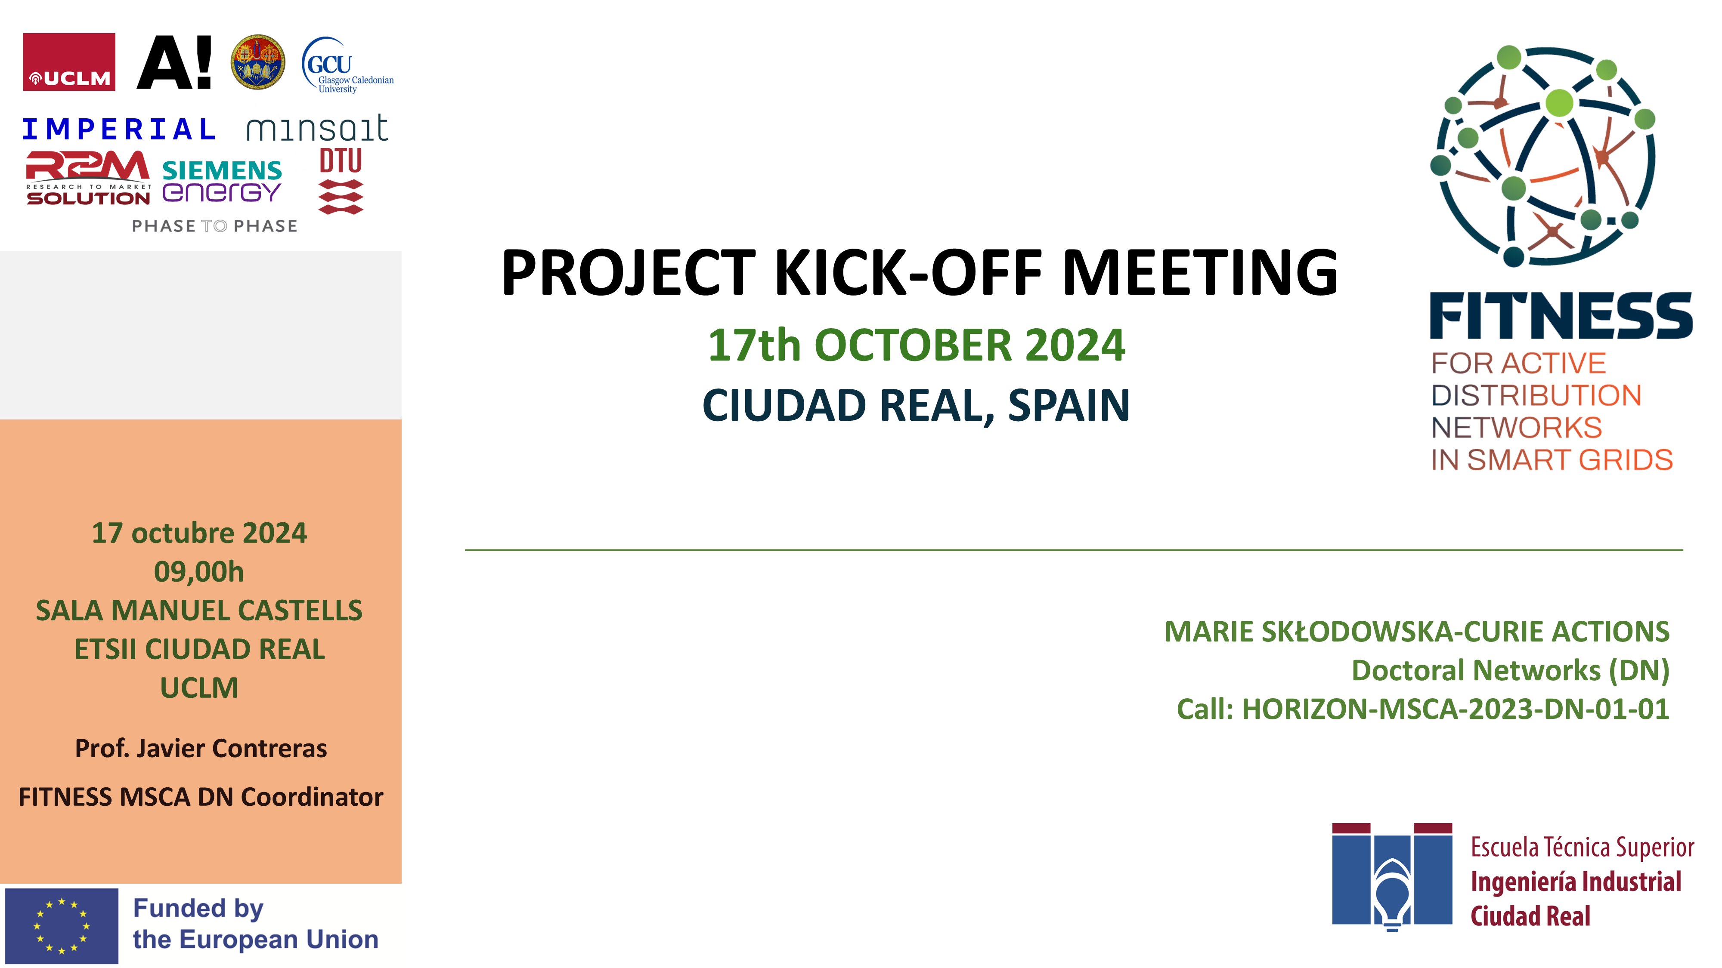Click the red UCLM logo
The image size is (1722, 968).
coord(69,62)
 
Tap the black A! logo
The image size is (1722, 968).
coord(174,62)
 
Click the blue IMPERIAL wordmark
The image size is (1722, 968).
coord(118,129)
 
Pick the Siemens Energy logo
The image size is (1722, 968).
coord(222,181)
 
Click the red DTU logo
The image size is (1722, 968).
coord(341,180)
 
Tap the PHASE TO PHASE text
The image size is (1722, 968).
coord(214,226)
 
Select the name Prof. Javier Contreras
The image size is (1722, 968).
coord(201,748)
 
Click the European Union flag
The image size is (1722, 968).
coord(62,925)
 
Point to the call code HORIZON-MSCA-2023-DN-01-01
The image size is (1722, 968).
coord(1455,709)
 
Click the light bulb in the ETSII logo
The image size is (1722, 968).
coord(1392,899)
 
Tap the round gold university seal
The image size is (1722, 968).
coord(257,62)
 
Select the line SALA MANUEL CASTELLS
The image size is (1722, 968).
coord(199,610)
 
